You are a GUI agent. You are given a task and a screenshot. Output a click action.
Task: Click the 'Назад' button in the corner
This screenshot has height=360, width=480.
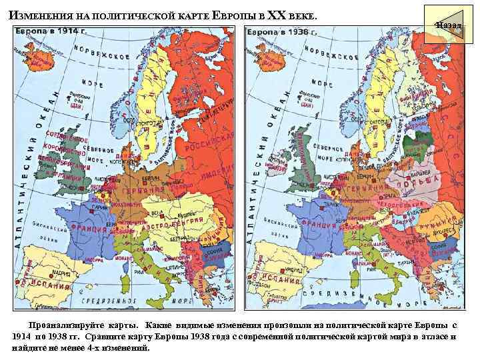pos(448,25)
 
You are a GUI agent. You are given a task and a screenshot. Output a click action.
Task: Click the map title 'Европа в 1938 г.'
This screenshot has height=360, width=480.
pos(282,31)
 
